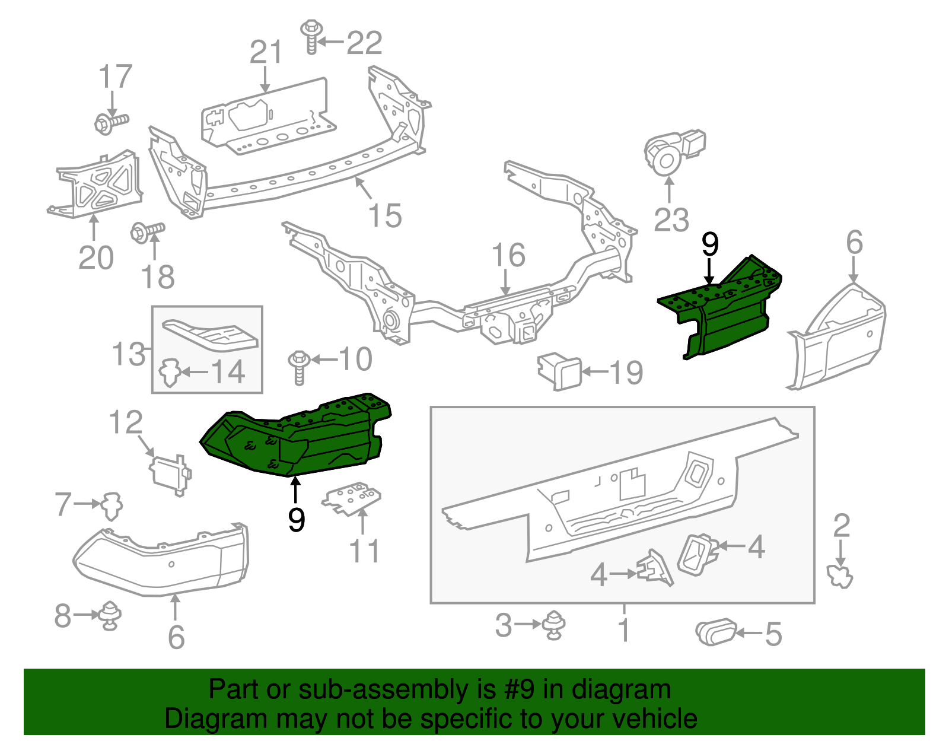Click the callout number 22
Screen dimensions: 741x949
[364, 43]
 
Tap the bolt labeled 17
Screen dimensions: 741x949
[110, 123]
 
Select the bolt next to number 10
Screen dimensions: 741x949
[299, 367]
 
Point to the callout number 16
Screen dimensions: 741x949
[508, 255]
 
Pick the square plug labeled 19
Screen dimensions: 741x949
[560, 372]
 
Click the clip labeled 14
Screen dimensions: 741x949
[171, 372]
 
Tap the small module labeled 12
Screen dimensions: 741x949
[169, 473]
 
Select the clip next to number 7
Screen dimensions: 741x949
[110, 505]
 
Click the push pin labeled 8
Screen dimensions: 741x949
[110, 615]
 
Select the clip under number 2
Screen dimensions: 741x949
[840, 576]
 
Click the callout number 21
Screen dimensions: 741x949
[265, 53]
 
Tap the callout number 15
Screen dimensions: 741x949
[384, 215]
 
